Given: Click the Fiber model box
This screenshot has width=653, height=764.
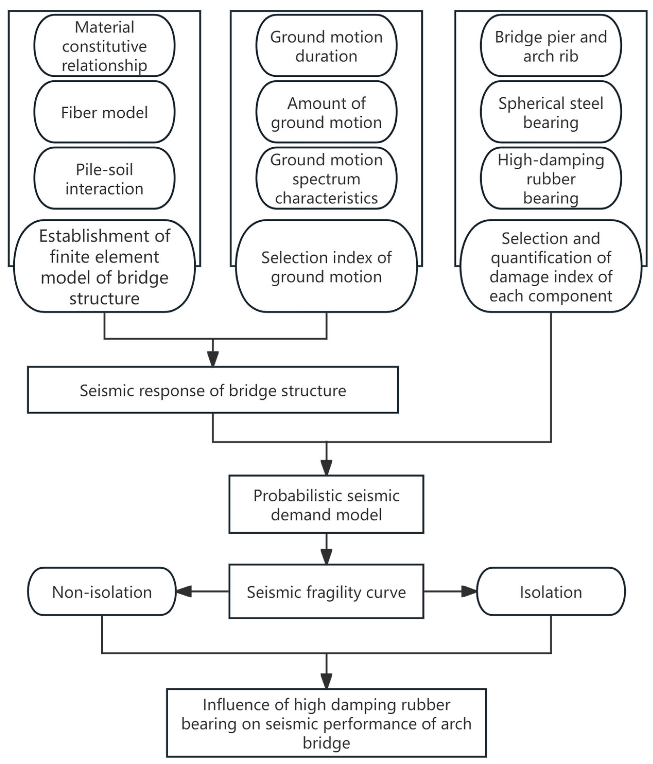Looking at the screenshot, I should (104, 112).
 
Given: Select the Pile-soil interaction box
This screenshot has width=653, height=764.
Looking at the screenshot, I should (104, 178).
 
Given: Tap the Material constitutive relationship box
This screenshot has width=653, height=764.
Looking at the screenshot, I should (104, 46).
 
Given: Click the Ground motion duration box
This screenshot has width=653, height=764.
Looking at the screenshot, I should (326, 46).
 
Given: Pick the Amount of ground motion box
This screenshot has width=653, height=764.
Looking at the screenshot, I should (326, 112).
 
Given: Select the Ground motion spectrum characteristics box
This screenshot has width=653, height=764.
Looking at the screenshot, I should (326, 178).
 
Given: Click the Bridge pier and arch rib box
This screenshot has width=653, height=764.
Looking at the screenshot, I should (551, 46).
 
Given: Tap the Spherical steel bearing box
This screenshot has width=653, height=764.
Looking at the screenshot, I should (551, 112).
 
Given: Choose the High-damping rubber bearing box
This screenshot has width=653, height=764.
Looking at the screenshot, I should (551, 178).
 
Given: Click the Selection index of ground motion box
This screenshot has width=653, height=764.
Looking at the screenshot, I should (326, 266).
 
